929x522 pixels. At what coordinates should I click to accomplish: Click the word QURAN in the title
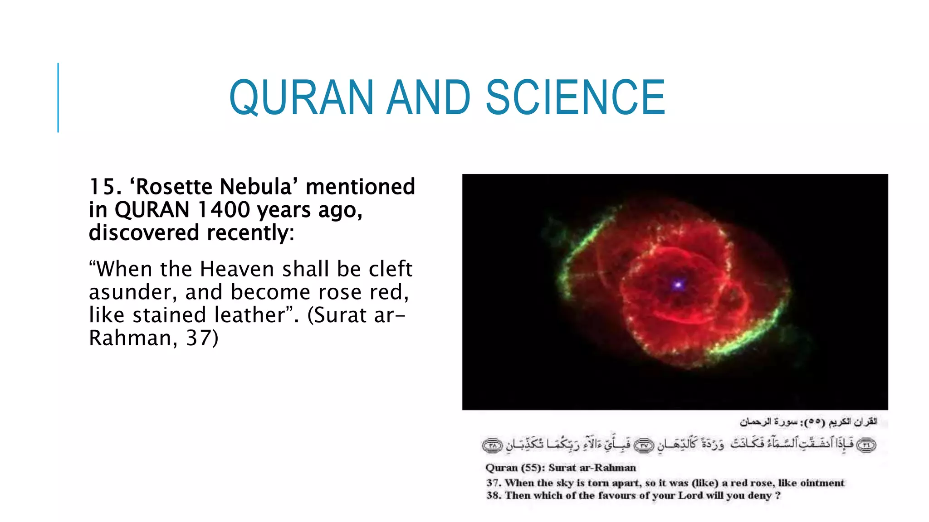[x=301, y=97]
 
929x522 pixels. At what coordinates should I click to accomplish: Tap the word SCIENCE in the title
[x=575, y=97]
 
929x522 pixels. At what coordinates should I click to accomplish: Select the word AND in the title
[x=428, y=97]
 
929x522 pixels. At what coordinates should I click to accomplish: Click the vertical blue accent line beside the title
[x=58, y=97]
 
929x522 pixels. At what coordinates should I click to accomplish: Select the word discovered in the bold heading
[x=144, y=233]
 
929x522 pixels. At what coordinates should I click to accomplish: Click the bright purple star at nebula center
[x=678, y=285]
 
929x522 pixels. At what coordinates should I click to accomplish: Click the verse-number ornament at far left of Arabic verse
[x=493, y=445]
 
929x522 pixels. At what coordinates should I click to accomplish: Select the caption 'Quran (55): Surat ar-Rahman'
[x=561, y=468]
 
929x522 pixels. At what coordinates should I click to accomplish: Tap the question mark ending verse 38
[x=777, y=496]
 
